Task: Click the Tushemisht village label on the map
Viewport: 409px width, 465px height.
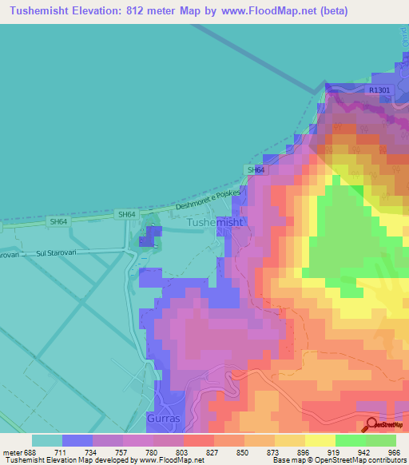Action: [214, 223]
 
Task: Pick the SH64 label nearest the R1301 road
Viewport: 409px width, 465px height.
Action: [255, 170]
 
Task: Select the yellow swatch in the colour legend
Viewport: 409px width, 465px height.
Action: [320, 440]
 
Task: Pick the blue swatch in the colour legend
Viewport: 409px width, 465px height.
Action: [77, 440]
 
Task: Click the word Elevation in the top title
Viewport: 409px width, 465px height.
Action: [109, 10]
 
